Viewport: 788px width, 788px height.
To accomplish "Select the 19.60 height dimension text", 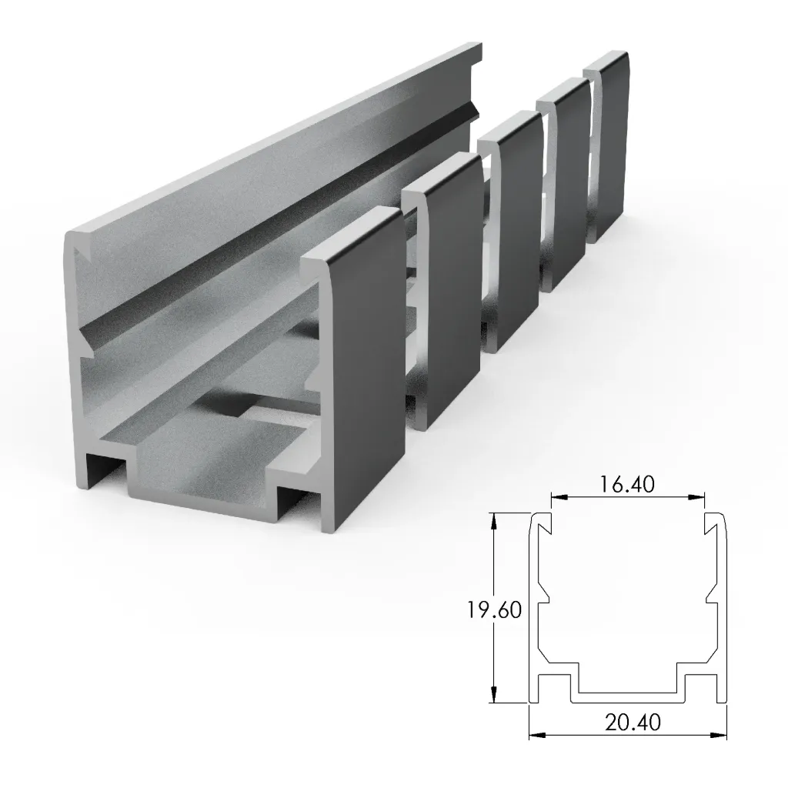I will (x=493, y=609).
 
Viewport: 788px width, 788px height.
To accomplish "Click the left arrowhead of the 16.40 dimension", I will (x=555, y=497).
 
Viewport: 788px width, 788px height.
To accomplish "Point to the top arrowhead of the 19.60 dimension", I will (x=494, y=519).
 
